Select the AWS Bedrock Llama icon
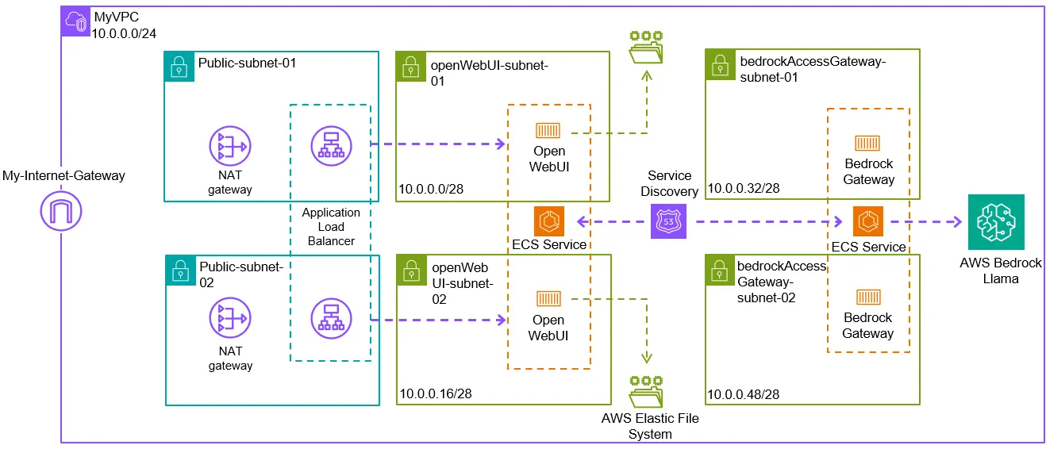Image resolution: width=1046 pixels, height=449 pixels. coord(995,222)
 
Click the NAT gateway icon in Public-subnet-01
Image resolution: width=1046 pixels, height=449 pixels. coord(229,148)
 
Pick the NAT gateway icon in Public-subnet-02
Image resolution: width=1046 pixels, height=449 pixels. coord(229,318)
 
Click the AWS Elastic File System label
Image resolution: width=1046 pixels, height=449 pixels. coord(651,425)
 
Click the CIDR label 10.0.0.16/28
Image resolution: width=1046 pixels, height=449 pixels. coord(430,393)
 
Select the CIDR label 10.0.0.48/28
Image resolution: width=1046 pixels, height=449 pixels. coord(742,393)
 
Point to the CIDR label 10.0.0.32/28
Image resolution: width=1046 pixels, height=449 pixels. coord(744,188)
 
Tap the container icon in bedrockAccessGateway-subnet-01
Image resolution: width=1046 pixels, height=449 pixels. coord(867,143)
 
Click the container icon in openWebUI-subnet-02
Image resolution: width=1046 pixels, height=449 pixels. coord(548,299)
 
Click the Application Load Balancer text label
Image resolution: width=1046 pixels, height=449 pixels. coord(331,227)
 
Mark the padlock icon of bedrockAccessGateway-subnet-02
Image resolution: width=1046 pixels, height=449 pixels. coord(721,270)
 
